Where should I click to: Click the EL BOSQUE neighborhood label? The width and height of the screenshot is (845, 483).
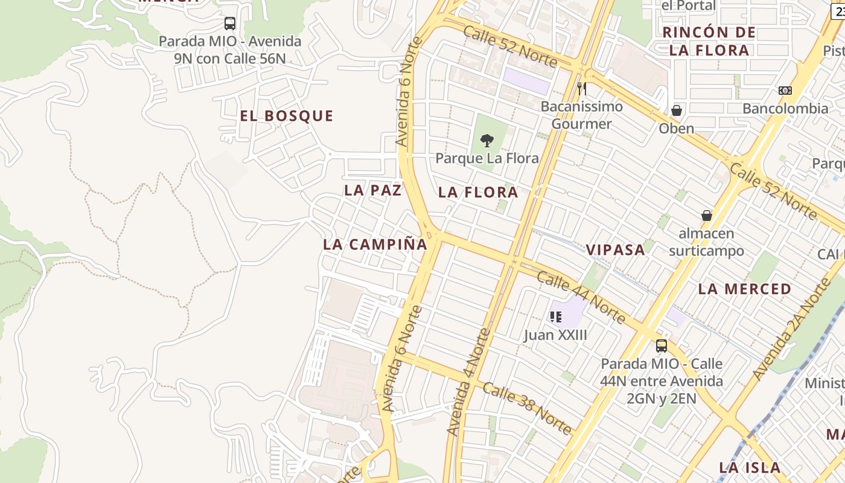(x=286, y=116)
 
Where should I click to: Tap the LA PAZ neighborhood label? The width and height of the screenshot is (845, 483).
(x=372, y=190)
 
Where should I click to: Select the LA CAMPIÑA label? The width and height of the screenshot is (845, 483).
(x=375, y=245)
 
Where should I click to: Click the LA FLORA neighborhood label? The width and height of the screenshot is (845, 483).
(x=478, y=193)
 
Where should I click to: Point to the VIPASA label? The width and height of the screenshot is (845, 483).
(x=615, y=250)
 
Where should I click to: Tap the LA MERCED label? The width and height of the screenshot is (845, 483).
(x=744, y=289)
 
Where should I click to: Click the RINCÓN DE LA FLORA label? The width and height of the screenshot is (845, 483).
(x=709, y=41)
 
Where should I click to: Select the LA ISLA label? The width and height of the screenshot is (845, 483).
(x=750, y=467)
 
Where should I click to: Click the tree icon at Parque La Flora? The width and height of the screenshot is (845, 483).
(x=486, y=141)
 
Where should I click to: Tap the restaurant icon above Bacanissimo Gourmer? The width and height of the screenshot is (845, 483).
(x=581, y=89)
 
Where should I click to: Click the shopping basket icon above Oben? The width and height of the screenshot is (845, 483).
(x=676, y=111)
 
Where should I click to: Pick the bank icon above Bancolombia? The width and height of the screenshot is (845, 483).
(x=785, y=91)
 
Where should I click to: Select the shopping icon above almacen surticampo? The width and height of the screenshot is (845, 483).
(x=706, y=216)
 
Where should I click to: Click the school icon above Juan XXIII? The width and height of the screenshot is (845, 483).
(x=555, y=316)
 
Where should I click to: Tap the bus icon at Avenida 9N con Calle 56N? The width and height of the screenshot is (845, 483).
(x=229, y=24)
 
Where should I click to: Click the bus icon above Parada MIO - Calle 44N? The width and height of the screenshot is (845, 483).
(x=662, y=346)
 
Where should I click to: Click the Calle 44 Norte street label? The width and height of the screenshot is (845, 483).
(x=580, y=298)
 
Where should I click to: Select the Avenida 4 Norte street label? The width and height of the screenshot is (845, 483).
(x=468, y=382)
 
